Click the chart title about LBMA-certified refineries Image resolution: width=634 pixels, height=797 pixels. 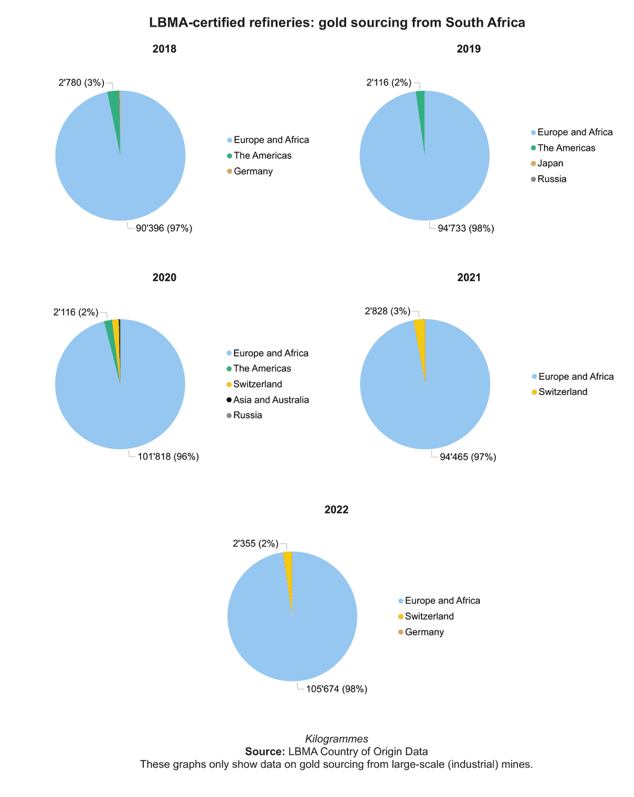click(337, 23)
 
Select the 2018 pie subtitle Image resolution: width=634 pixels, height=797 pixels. click(164, 49)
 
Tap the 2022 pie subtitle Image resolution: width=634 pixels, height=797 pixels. click(337, 510)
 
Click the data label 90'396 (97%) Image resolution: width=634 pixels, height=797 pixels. click(164, 228)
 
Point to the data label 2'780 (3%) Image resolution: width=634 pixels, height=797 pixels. click(81, 82)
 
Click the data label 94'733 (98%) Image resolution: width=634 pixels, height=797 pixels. click(466, 228)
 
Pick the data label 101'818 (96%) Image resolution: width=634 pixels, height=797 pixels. click(168, 457)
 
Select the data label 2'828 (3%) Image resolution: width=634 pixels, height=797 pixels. click(387, 311)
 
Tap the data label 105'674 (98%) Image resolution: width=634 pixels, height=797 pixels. click(337, 689)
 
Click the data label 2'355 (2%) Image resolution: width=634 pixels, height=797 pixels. click(256, 543)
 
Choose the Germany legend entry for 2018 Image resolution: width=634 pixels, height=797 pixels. click(253, 171)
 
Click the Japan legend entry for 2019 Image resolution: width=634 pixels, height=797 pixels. click(550, 164)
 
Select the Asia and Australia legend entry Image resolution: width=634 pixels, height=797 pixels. click(271, 400)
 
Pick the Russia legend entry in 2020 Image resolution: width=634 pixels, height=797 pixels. click(247, 415)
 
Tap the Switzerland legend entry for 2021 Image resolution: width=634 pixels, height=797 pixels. click(562, 392)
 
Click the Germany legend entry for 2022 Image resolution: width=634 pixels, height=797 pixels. click(424, 632)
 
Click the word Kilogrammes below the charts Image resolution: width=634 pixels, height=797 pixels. click(337, 739)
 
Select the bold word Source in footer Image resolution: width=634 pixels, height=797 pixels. click(265, 752)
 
